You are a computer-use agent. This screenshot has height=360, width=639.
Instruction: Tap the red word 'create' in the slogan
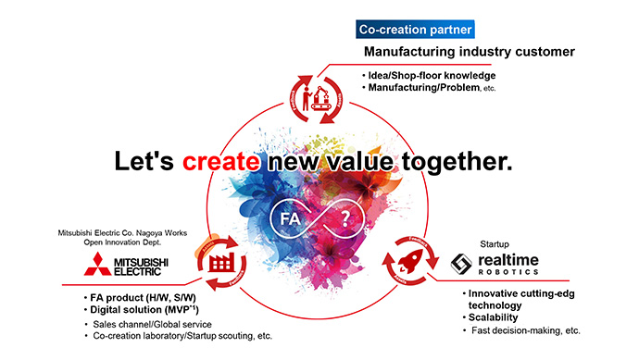(x=221, y=162)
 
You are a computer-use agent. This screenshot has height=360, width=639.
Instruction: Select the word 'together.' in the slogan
(x=459, y=162)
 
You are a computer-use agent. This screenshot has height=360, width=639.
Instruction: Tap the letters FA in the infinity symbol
(x=285, y=220)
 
